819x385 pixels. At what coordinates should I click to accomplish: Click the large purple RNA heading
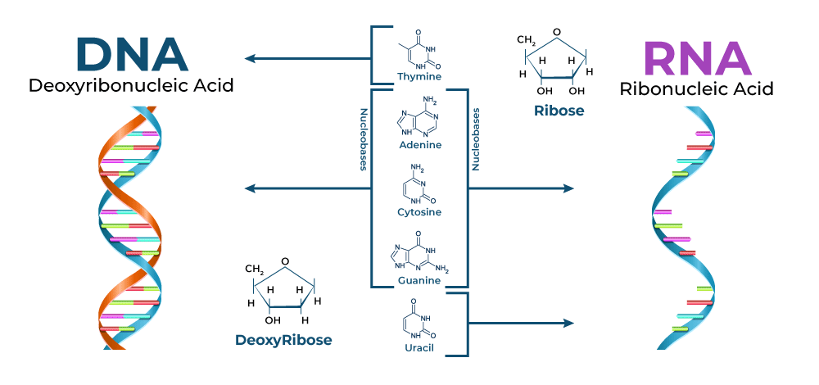point(696,57)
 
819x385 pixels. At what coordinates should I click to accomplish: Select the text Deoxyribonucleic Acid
point(131,84)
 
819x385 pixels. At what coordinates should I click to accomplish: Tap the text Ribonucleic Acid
point(696,89)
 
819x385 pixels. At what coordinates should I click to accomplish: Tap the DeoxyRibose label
point(283,339)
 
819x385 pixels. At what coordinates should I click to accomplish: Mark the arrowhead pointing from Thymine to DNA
point(250,58)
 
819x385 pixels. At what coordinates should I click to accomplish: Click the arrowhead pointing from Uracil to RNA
point(570,323)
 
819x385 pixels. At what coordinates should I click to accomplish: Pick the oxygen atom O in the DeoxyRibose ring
point(284,262)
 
